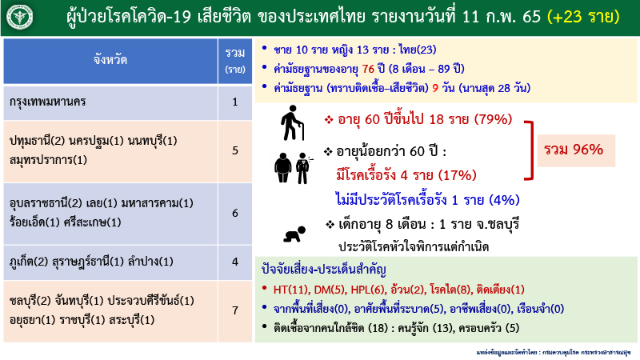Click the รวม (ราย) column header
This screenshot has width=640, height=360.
coord(234,59)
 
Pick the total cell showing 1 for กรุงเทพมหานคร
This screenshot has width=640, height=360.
coord(234,102)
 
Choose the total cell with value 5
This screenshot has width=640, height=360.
coord(234,150)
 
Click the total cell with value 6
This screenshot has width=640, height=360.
coord(234,214)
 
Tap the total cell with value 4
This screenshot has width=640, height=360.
coord(234,261)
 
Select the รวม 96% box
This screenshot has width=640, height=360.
coord(574,149)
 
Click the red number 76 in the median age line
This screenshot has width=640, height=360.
coord(369,69)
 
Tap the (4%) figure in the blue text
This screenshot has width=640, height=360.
coord(505,199)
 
